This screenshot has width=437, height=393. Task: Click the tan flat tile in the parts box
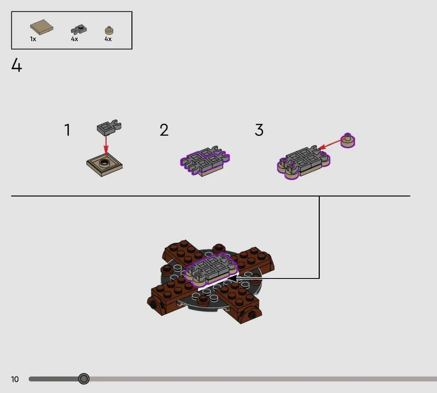[x=42, y=27]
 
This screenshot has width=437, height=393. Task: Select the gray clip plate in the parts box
[x=79, y=29]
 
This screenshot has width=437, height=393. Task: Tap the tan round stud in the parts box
[x=109, y=31]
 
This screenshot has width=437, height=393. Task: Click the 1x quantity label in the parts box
[x=33, y=39]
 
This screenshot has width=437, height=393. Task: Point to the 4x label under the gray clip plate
[x=75, y=39]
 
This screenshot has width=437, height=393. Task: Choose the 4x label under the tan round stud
[x=108, y=39]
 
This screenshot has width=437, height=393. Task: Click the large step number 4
[x=16, y=65]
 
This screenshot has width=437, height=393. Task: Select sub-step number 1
[x=67, y=130]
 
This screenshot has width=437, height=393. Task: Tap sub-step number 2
[x=164, y=130]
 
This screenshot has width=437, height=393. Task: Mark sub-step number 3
[x=259, y=130]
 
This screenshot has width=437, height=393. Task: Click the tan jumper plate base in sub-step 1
[x=105, y=164]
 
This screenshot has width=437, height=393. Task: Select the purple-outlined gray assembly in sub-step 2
[x=205, y=160]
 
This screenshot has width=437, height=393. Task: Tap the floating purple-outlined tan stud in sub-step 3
[x=348, y=140]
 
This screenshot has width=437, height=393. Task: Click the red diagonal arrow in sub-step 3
[x=332, y=144]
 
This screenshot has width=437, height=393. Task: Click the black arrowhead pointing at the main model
[x=233, y=278]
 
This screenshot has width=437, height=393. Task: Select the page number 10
[x=15, y=379]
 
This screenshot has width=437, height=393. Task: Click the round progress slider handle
[x=84, y=379]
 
